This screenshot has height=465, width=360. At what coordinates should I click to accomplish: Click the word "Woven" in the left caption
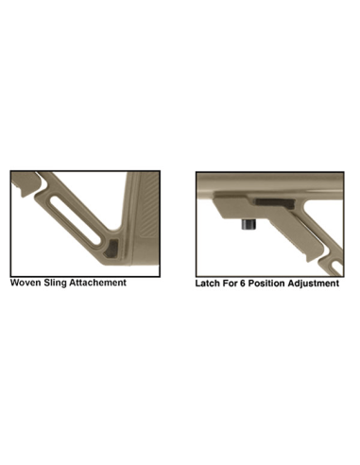26,282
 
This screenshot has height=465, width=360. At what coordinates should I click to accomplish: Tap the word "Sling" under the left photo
62,282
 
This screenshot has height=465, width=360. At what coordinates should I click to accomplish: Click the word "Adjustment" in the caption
320,283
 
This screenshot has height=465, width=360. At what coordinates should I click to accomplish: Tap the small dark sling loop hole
114,248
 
